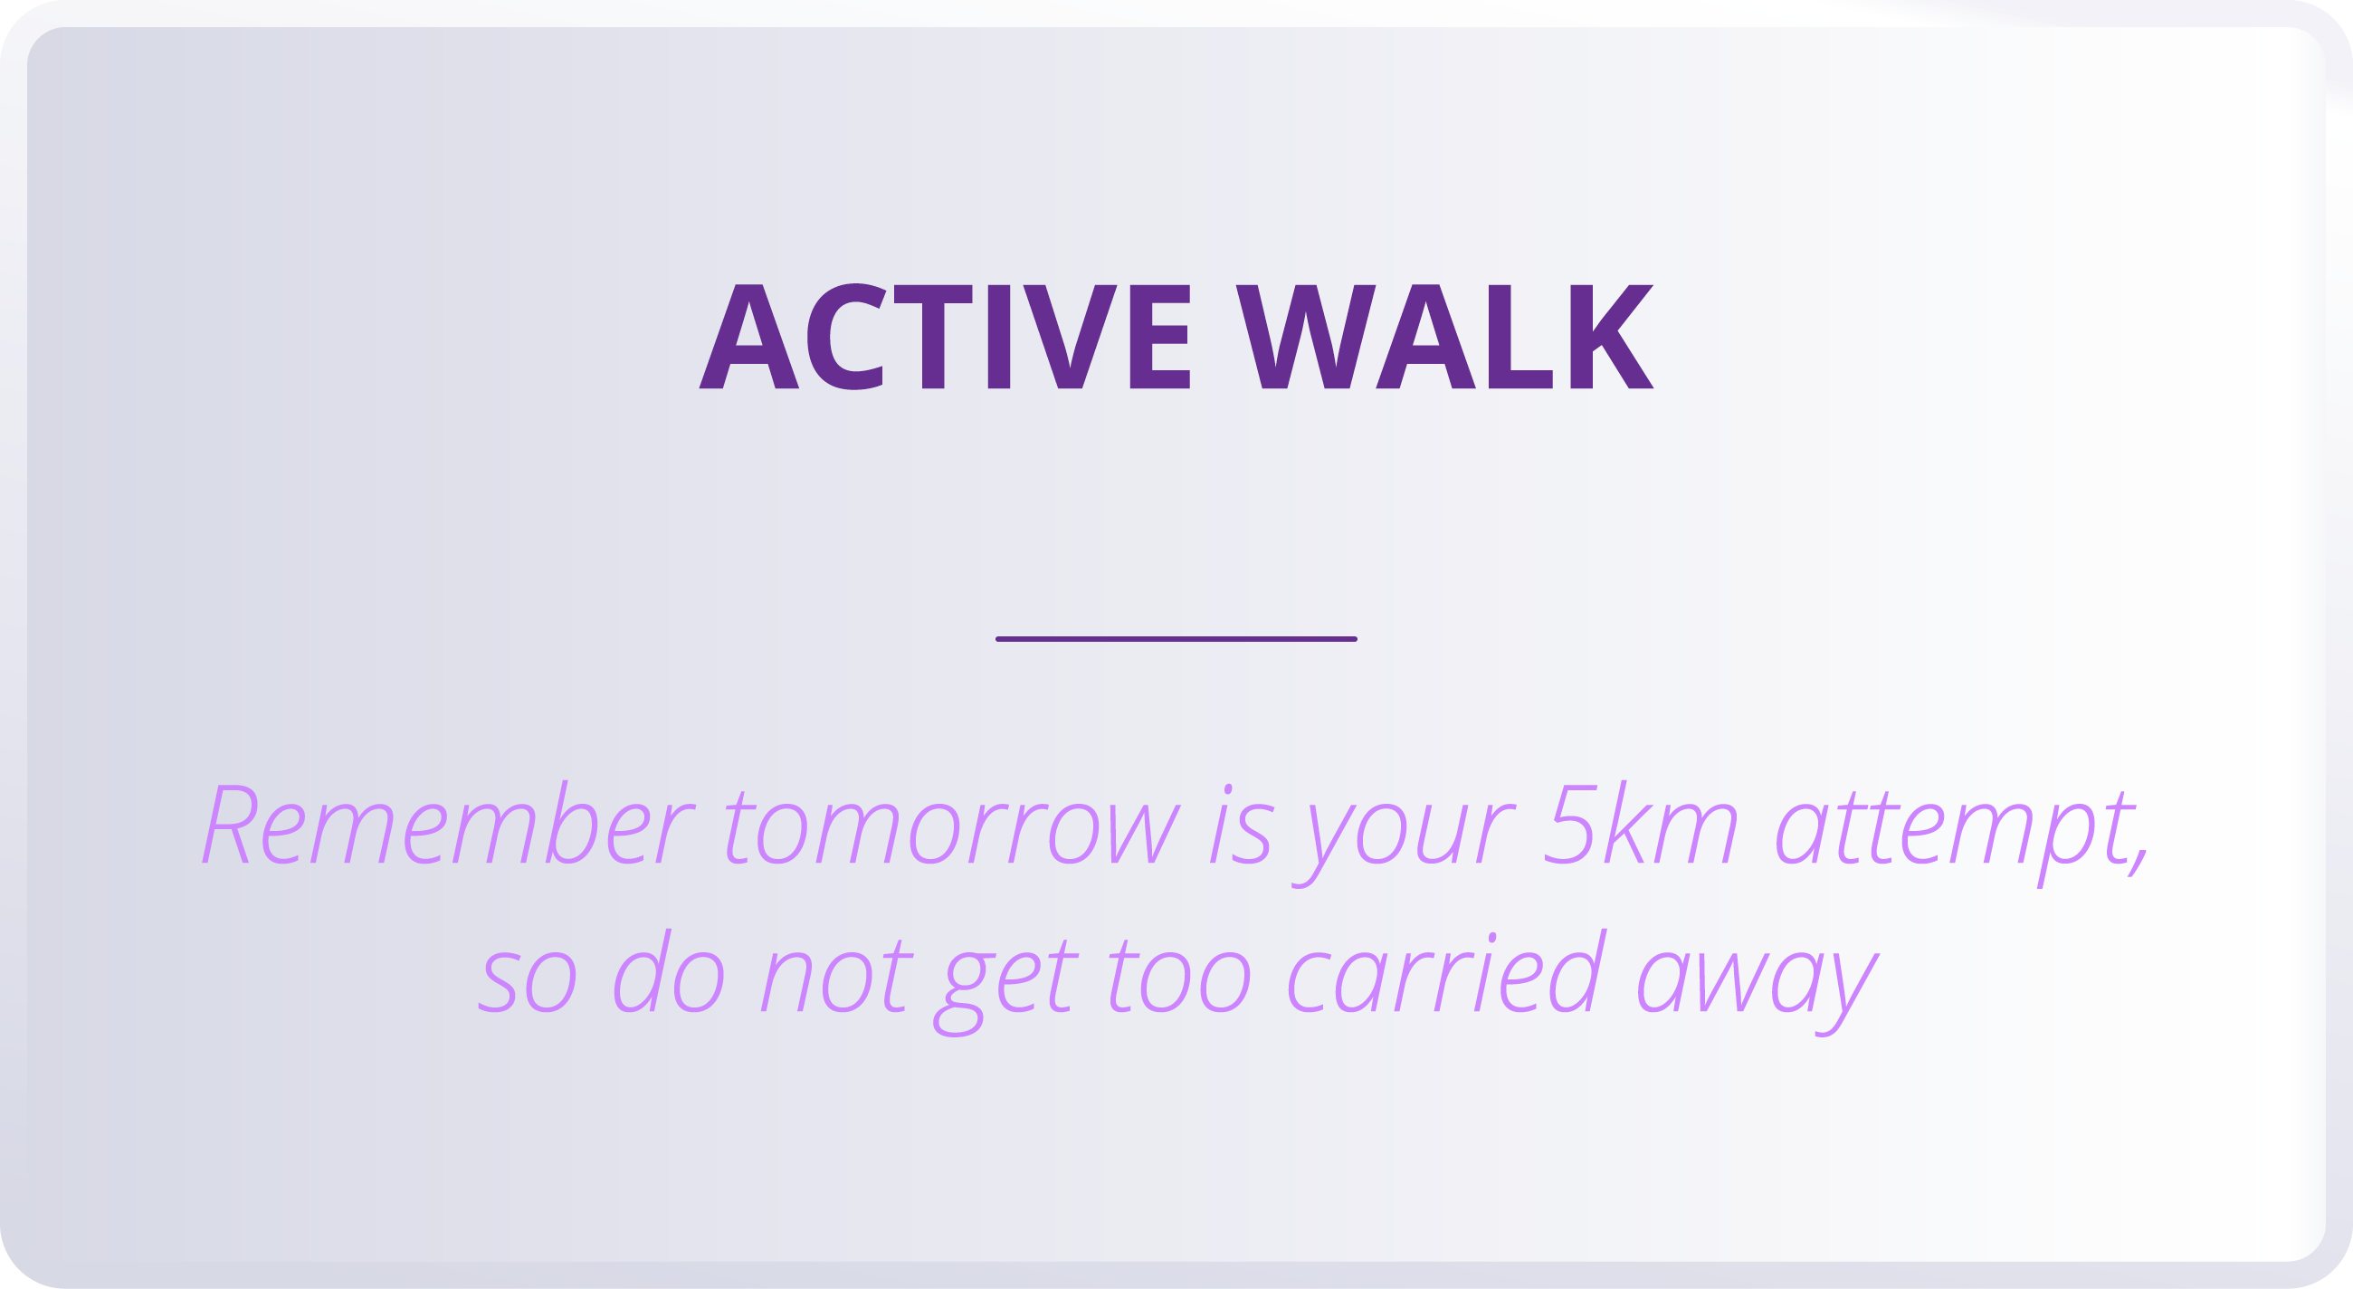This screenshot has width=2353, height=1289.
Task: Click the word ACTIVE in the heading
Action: tap(945, 337)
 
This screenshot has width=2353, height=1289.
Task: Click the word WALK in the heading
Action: tap(1444, 337)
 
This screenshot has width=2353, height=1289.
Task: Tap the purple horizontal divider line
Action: tap(1176, 638)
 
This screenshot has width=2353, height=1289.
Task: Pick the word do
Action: tap(669, 974)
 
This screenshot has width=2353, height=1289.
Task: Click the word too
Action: tap(1179, 979)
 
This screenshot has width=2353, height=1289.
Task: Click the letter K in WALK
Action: tap(1610, 337)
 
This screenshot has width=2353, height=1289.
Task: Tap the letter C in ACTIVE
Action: tap(846, 337)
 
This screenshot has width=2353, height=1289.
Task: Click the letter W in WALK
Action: tap(1305, 337)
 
